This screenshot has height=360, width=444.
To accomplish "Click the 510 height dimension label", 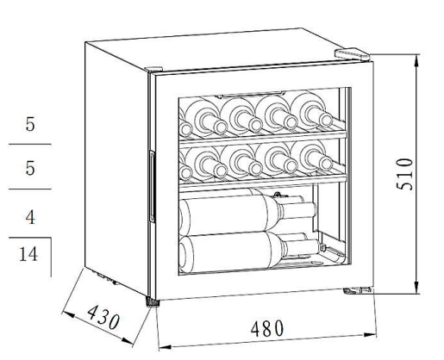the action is click(404, 174).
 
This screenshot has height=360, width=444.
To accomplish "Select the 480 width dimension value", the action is click(267, 329).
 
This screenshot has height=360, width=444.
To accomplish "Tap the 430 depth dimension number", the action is click(103, 317).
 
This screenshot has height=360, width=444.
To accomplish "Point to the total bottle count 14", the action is click(28, 254).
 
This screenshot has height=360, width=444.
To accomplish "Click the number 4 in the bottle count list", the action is click(30, 217).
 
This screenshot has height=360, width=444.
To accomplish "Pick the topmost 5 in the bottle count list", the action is click(30, 124).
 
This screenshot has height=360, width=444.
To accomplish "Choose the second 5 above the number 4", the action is click(30, 168).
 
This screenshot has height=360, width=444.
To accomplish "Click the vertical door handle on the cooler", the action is click(152, 186).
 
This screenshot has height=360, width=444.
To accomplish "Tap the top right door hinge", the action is click(352, 54).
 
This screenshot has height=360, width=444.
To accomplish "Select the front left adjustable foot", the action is click(153, 302).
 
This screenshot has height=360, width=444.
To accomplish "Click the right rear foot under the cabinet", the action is click(358, 290).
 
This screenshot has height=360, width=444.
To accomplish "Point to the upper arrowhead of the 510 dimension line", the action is click(417, 61).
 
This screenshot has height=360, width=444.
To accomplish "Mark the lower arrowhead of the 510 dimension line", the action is click(417, 287).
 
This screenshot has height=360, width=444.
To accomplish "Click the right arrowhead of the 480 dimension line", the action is click(370, 335).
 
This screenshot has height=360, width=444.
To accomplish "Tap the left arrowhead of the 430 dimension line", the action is click(68, 314).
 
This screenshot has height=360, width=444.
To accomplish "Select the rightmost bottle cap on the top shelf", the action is click(325, 120).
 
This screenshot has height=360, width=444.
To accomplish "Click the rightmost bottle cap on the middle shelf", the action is click(325, 164).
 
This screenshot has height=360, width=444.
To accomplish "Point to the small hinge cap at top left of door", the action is click(153, 69).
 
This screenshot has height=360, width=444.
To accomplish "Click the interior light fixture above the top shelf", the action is click(253, 94).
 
